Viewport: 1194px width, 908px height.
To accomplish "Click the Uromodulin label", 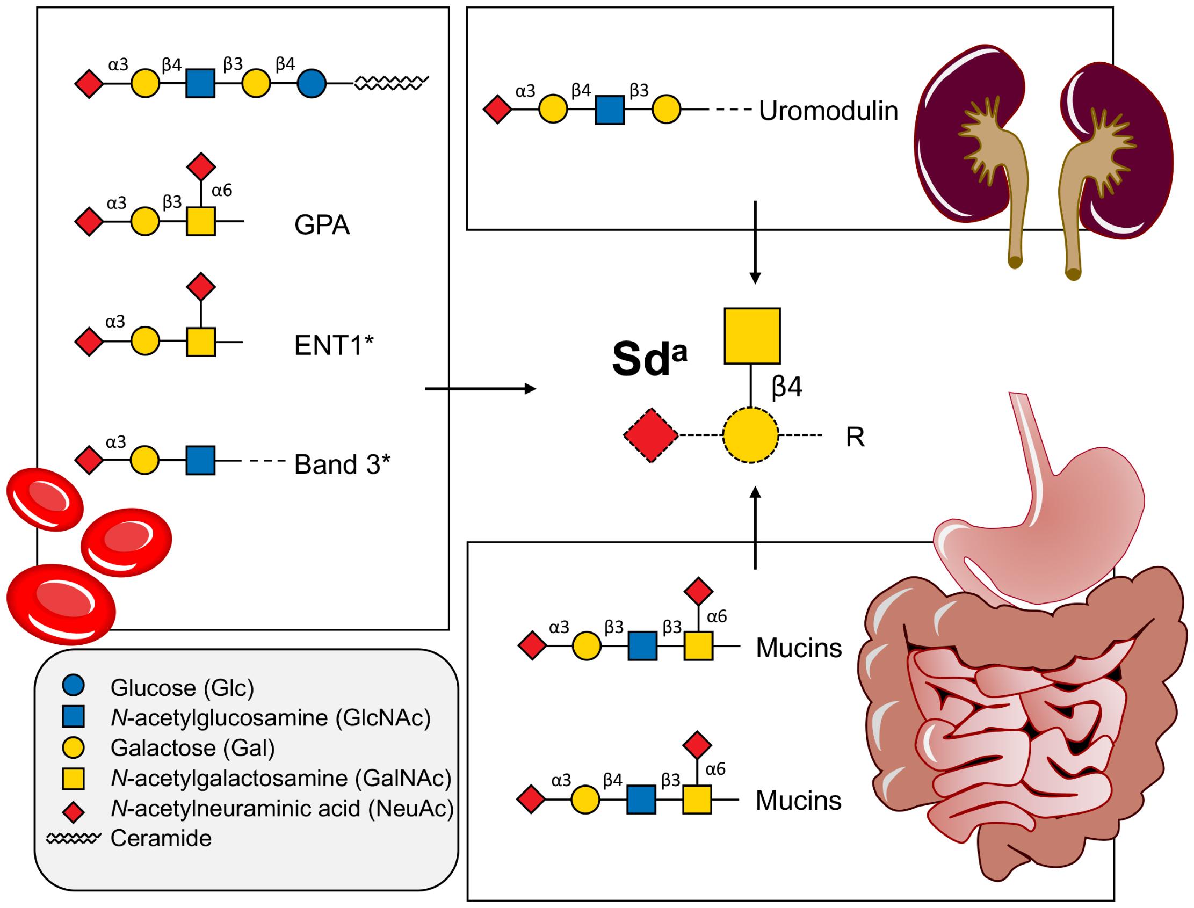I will (x=828, y=111).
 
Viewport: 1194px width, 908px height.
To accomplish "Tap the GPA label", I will (x=322, y=225).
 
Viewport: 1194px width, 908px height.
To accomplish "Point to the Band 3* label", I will (x=342, y=464).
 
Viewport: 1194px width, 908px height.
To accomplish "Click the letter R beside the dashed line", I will (x=855, y=438).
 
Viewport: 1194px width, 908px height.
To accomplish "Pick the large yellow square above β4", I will (x=752, y=336).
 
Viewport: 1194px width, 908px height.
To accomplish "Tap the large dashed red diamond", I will (x=651, y=435).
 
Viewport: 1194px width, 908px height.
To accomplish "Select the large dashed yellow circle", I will (x=751, y=435).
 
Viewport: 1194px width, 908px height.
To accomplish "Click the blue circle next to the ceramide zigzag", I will (x=312, y=84).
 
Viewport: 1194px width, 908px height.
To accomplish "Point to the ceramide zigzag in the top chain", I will (x=392, y=83).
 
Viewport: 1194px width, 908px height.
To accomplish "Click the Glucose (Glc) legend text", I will (x=182, y=688).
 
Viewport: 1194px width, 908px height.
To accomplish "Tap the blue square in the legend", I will (x=73, y=717).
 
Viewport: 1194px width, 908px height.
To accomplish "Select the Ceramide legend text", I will (x=161, y=838).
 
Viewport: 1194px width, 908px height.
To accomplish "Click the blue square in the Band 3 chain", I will (x=200, y=461).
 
